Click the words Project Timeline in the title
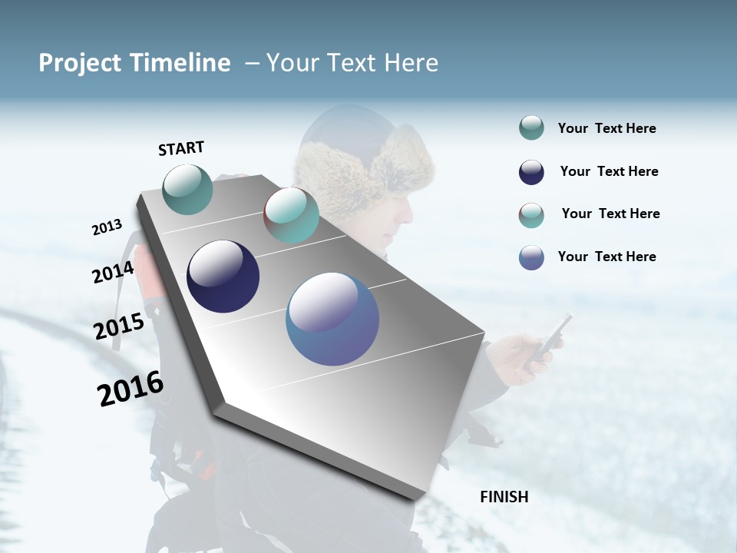pyautogui.click(x=134, y=63)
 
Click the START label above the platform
pyautogui.click(x=181, y=148)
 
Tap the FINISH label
pyautogui.click(x=504, y=497)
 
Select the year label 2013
pyautogui.click(x=107, y=227)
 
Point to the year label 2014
pyautogui.click(x=113, y=273)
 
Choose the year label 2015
pyautogui.click(x=118, y=326)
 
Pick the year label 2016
pyautogui.click(x=130, y=389)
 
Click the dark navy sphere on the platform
pyautogui.click(x=223, y=276)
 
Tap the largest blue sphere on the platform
pyautogui.click(x=332, y=319)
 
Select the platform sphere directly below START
pyautogui.click(x=188, y=189)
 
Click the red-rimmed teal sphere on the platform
pyautogui.click(x=291, y=215)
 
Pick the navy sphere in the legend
pyautogui.click(x=531, y=172)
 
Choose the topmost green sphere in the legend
pyautogui.click(x=531, y=128)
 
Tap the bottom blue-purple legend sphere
pyautogui.click(x=531, y=257)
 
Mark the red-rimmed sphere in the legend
pyautogui.click(x=531, y=215)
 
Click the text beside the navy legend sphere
pyautogui.click(x=609, y=171)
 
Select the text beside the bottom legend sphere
pyautogui.click(x=606, y=257)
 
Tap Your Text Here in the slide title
pyautogui.click(x=352, y=63)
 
